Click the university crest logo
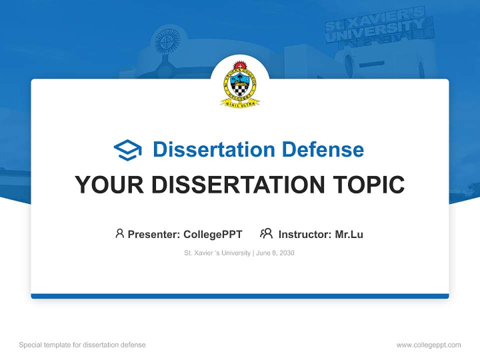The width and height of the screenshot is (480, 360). (x=240, y=83)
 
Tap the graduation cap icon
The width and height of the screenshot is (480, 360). (x=127, y=149)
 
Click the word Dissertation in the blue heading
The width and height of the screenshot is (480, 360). (x=214, y=149)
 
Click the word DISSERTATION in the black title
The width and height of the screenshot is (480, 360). (x=238, y=185)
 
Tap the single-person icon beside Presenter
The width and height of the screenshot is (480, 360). (x=119, y=233)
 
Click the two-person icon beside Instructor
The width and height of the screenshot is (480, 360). (x=266, y=233)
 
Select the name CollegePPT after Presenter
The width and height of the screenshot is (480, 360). (x=213, y=234)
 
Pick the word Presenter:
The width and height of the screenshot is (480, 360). (x=154, y=234)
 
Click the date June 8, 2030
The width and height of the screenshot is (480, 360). (x=275, y=253)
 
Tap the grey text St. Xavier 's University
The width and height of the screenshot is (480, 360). (x=217, y=253)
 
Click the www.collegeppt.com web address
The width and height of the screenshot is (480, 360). (x=428, y=345)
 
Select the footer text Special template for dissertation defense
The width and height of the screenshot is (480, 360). (x=82, y=345)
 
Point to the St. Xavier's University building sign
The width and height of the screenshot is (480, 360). (x=378, y=27)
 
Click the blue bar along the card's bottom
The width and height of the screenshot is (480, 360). (x=240, y=296)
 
